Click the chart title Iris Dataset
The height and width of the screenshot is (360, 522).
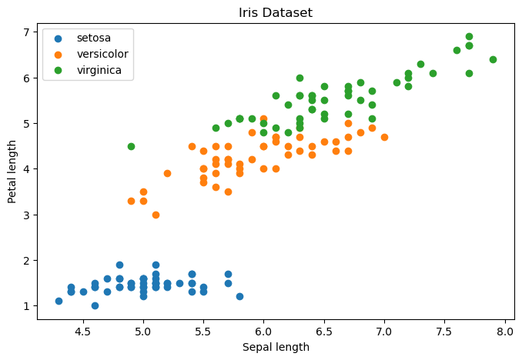click(x=276, y=12)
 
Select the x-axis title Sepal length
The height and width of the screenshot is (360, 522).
click(x=276, y=347)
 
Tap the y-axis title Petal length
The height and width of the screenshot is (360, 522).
click(x=12, y=172)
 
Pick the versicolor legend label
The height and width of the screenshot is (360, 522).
click(x=102, y=54)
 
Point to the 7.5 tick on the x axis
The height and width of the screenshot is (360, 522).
click(x=445, y=332)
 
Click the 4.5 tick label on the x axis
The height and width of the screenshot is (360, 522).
click(x=83, y=332)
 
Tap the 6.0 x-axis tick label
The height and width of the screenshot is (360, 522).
click(x=263, y=332)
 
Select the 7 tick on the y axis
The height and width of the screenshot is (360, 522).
click(x=27, y=32)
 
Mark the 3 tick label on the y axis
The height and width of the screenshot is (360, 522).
click(x=27, y=215)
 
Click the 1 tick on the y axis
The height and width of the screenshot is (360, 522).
click(x=27, y=306)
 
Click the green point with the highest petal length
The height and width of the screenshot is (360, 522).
click(x=469, y=37)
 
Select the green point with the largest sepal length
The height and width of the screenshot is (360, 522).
click(x=493, y=59)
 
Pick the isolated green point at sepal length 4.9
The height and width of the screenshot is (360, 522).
click(x=131, y=146)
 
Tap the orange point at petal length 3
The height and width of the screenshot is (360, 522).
click(x=156, y=215)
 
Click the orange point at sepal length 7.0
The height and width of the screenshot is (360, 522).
click(x=384, y=137)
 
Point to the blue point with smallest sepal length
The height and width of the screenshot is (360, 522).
click(x=59, y=301)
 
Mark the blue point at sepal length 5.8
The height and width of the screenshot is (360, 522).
click(x=239, y=296)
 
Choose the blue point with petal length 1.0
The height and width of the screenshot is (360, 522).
click(x=95, y=305)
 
